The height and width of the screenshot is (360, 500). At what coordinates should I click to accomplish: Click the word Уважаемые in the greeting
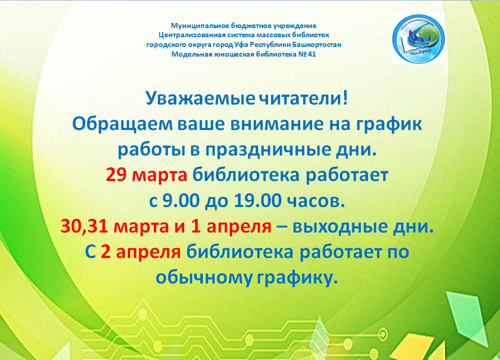point(200,98)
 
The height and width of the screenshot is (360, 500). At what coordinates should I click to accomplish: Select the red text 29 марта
point(146,175)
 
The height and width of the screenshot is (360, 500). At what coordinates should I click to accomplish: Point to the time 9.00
point(181,200)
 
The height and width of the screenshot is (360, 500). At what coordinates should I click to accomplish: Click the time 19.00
point(258,200)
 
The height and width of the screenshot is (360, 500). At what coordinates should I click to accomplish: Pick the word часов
point(315,201)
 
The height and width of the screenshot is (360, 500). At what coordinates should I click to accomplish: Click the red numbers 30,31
point(85,226)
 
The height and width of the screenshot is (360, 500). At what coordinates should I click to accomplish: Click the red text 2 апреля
point(141,252)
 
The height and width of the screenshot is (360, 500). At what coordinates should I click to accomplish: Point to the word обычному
point(204,278)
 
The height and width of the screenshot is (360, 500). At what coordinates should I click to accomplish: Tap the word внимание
point(277,124)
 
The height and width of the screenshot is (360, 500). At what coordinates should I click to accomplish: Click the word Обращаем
point(122,124)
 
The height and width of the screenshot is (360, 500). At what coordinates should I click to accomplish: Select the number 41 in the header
point(312,54)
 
